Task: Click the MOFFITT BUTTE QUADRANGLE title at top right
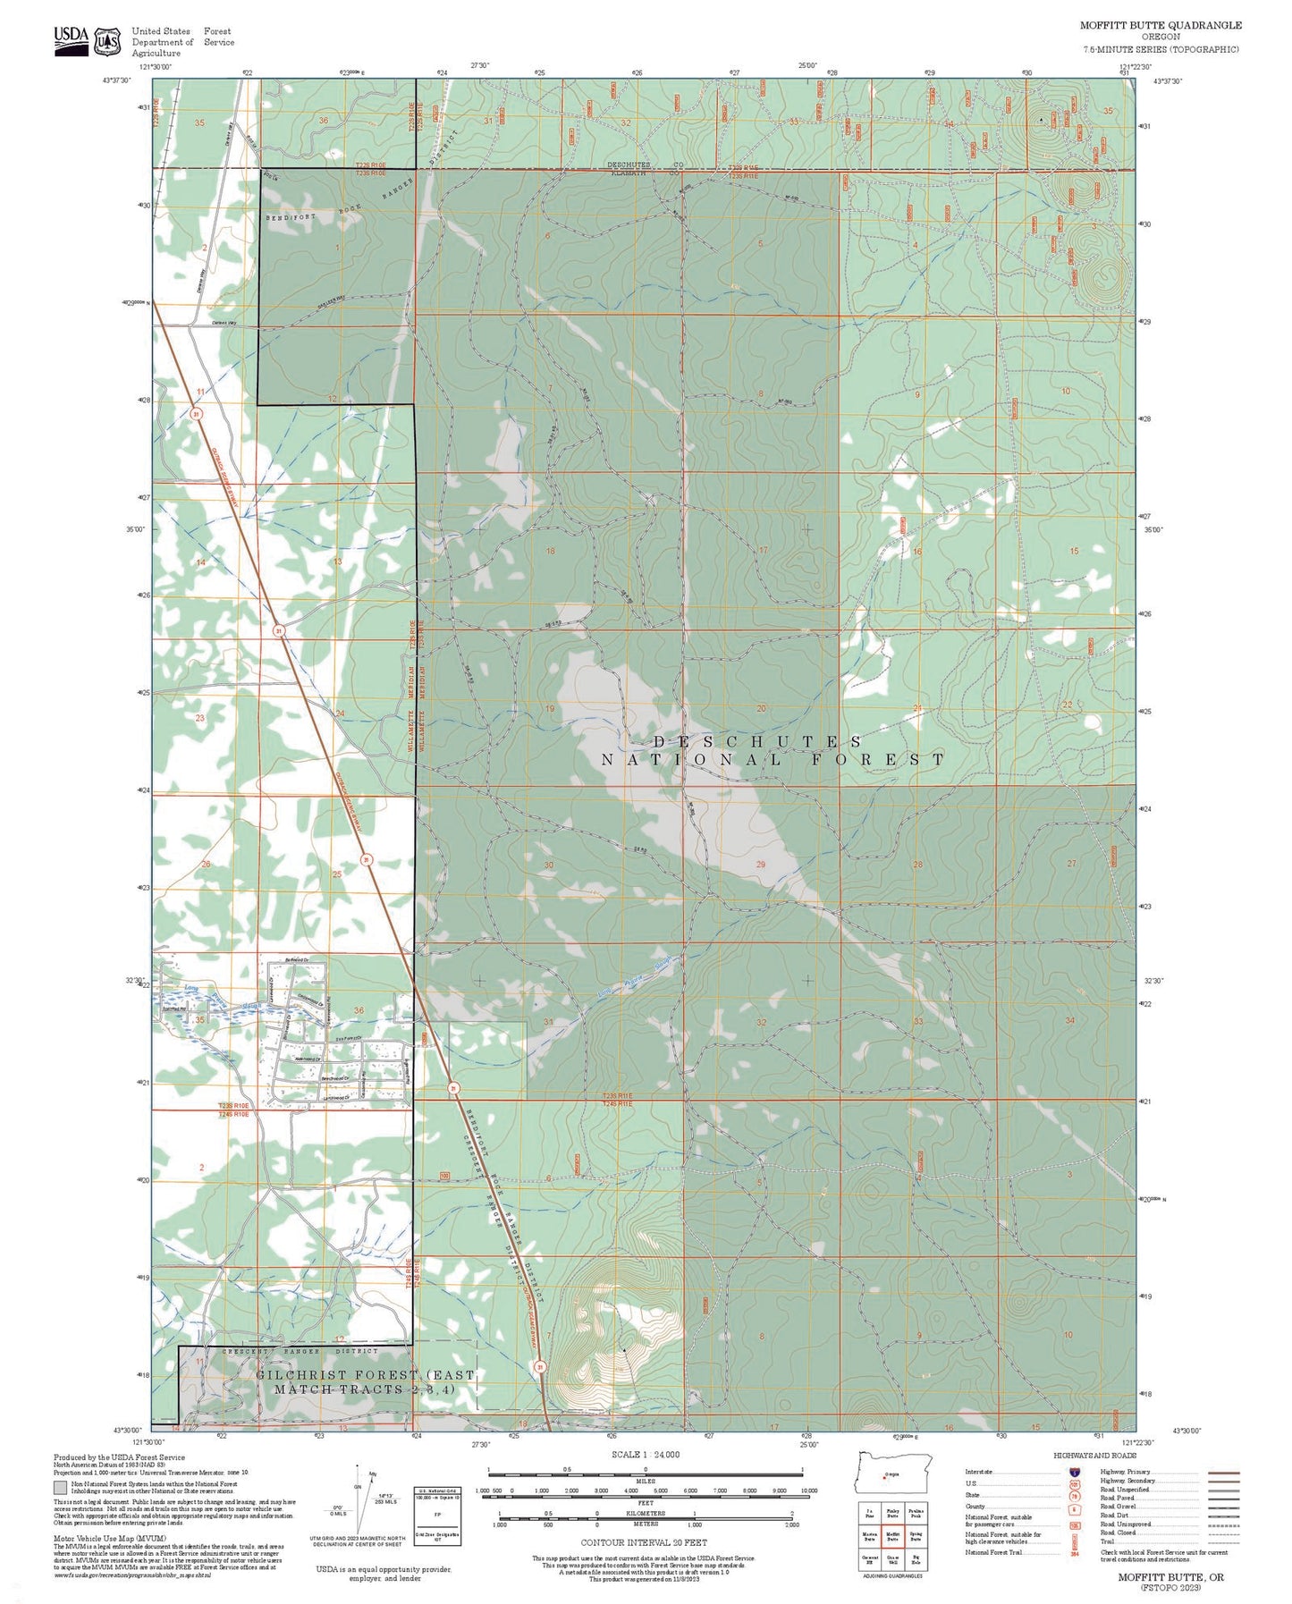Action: [x=1160, y=25]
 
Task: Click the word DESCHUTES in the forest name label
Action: [x=756, y=741]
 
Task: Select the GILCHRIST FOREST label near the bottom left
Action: [x=336, y=1374]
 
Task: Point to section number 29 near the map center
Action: [x=761, y=865]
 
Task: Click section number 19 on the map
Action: [x=550, y=709]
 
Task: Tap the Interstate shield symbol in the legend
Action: [x=1073, y=1472]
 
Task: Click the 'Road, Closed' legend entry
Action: [x=1118, y=1532]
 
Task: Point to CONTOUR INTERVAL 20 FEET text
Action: [x=644, y=1542]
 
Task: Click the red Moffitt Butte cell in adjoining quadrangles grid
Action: [x=892, y=1538]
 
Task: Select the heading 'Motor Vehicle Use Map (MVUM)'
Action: [x=96, y=1539]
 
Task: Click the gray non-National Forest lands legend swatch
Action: [x=60, y=1488]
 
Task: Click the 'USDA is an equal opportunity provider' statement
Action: [x=384, y=1574]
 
